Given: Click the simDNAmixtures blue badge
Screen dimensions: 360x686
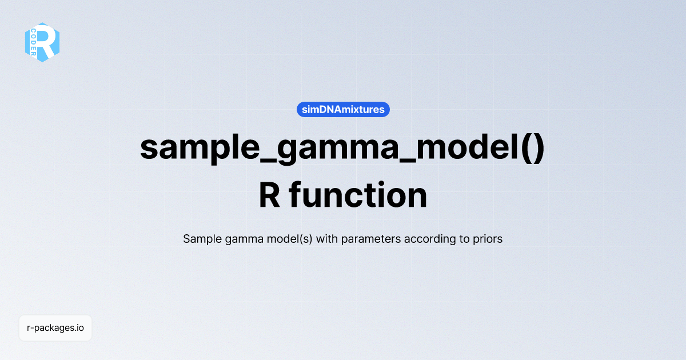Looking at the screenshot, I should pos(343,109).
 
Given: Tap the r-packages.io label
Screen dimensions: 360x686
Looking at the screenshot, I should pos(55,328).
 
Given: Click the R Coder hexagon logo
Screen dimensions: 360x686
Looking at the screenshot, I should pos(42,42).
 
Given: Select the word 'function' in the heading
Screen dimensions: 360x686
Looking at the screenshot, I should pos(358,195).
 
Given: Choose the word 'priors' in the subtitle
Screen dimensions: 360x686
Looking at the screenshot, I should pos(488,239).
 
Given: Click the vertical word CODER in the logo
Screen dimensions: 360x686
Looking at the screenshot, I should pos(34,42).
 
